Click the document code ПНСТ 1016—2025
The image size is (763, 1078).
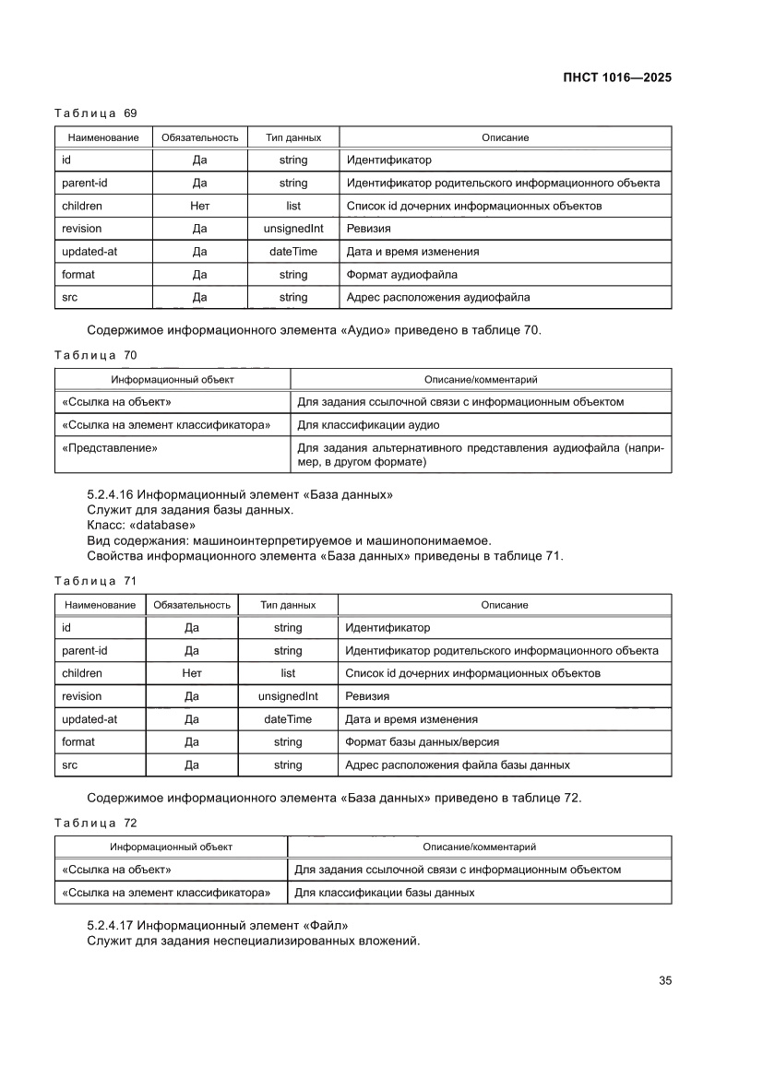(x=615, y=77)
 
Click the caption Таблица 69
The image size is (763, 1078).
(x=96, y=113)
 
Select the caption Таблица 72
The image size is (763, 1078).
(x=96, y=822)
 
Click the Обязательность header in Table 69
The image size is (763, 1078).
(x=199, y=137)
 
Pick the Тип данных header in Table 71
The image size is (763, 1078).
(x=288, y=605)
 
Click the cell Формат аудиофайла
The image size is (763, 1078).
(x=401, y=275)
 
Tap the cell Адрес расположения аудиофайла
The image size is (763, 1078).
(x=437, y=298)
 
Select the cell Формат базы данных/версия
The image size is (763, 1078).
(x=422, y=742)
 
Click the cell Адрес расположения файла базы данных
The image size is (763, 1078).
(x=457, y=765)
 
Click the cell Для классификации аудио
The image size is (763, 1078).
(x=367, y=425)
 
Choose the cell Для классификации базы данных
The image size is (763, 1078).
(x=384, y=893)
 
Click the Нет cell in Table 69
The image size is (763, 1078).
(x=199, y=207)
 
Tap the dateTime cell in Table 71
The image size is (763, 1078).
(x=288, y=719)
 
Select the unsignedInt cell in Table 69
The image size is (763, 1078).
(x=293, y=229)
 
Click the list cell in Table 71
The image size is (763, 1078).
(x=288, y=673)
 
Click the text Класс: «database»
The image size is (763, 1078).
(x=141, y=525)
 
